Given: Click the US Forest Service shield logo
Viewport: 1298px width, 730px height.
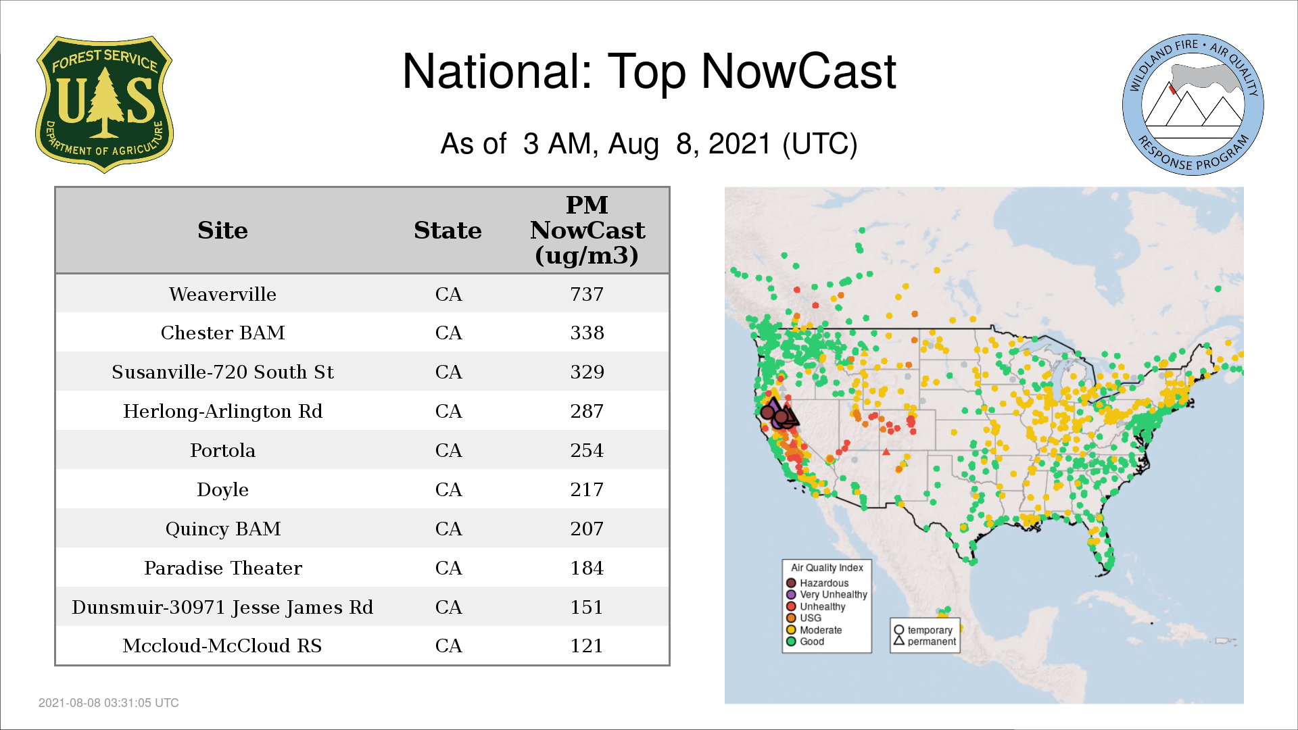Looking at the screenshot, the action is pos(104,105).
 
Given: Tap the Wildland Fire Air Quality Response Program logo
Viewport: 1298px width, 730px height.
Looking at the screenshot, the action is pos(1193,105).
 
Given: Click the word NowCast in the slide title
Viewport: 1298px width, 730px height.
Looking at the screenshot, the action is pos(798,71).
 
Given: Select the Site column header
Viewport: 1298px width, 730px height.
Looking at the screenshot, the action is pos(222,230).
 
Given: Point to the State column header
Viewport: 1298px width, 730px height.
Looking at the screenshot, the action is pos(448,230).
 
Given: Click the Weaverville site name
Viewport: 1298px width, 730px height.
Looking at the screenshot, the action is pos(222,294).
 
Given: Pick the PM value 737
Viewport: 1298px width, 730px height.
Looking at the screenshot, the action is pos(587,294).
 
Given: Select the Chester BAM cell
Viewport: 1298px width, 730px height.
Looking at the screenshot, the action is pos(222,333).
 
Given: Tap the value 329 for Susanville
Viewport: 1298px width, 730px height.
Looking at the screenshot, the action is pos(587,372).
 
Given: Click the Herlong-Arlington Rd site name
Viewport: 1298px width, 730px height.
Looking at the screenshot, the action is pos(222,411).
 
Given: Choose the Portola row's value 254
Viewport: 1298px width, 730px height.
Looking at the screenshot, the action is pos(587,450).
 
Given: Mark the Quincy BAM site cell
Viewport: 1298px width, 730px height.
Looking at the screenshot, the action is pos(222,529).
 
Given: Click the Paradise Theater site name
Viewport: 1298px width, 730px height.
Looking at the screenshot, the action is pos(222,568).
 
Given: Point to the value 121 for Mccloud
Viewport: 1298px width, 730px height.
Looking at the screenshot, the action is pos(587,646).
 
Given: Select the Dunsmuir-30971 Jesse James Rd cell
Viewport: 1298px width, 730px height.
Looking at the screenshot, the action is pos(222,607).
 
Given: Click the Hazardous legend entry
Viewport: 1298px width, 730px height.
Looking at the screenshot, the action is pos(817,583).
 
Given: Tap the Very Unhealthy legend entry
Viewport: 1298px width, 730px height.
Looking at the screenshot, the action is pos(827,595).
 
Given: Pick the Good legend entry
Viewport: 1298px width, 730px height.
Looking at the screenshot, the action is pos(805,641).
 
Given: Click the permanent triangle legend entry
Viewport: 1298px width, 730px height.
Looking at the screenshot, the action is pos(925,641).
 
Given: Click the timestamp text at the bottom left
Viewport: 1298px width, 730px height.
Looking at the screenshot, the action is pos(109,703).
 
